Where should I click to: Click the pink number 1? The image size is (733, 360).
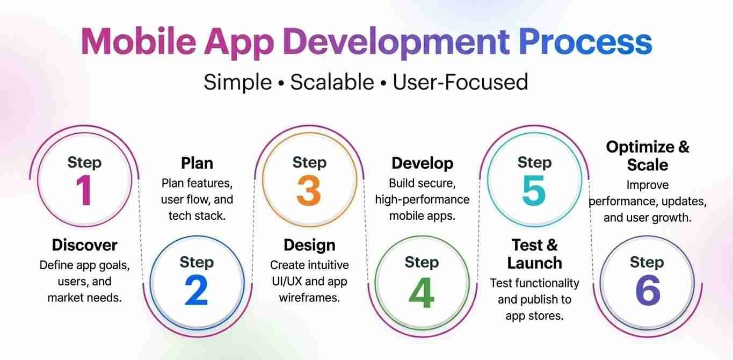coord(84,190)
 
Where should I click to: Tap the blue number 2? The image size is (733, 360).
coord(197,290)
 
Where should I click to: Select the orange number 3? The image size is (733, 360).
coord(309,190)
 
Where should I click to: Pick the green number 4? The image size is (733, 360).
coord(422,292)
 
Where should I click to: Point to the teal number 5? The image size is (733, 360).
coord(534,190)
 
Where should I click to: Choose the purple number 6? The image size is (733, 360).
coord(648,290)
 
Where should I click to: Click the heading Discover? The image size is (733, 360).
coord(84,245)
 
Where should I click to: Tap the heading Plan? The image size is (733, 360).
coord(197,163)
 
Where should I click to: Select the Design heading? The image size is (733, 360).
coord(309,246)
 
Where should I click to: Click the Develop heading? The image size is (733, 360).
coord(422,164)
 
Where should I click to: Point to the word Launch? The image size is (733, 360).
coord(534,263)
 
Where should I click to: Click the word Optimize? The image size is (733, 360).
coord(640,147)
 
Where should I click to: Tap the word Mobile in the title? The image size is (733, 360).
coord(139,42)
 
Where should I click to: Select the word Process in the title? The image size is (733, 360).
coord(585,42)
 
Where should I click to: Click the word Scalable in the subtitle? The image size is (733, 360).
coord(332,82)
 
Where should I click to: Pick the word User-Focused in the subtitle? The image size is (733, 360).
coord(460,82)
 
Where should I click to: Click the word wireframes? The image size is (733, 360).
coord(309,298)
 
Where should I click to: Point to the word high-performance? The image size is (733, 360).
coord(422,200)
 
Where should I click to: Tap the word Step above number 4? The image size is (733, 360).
coord(422,262)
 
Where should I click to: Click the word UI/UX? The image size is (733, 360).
coord(287,282)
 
